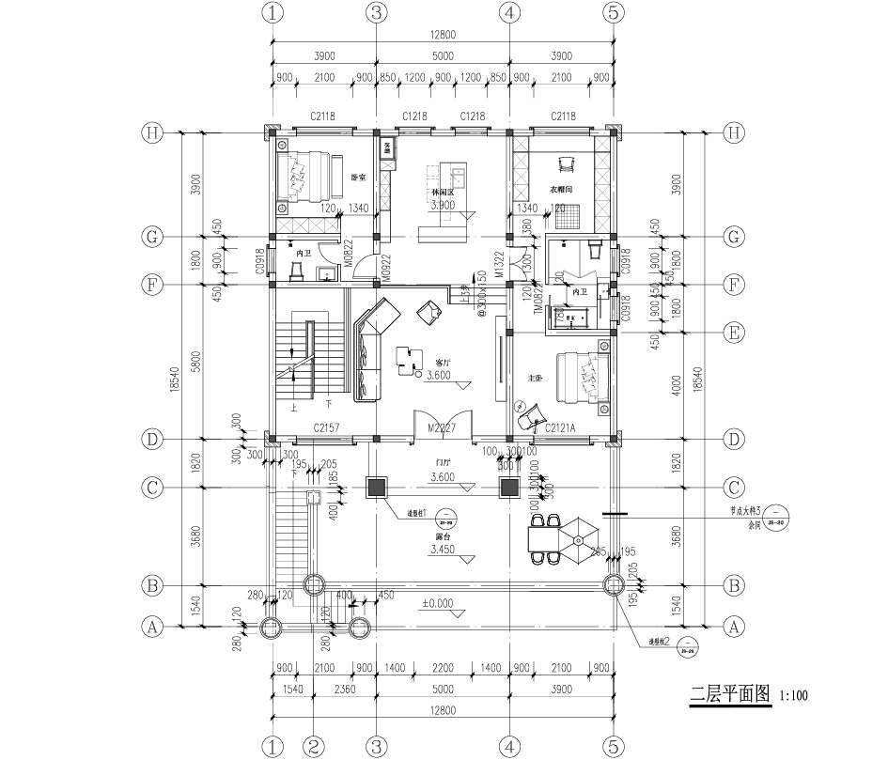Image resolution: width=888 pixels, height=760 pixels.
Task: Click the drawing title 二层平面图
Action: pyautogui.click(x=730, y=695)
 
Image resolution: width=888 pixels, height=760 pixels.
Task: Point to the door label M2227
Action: pyautogui.click(x=442, y=428)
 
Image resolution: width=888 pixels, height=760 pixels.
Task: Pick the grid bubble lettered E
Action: pyautogui.click(x=736, y=331)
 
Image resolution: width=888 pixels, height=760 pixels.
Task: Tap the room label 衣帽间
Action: pyautogui.click(x=562, y=190)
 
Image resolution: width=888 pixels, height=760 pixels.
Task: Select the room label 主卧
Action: pyautogui.click(x=536, y=378)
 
